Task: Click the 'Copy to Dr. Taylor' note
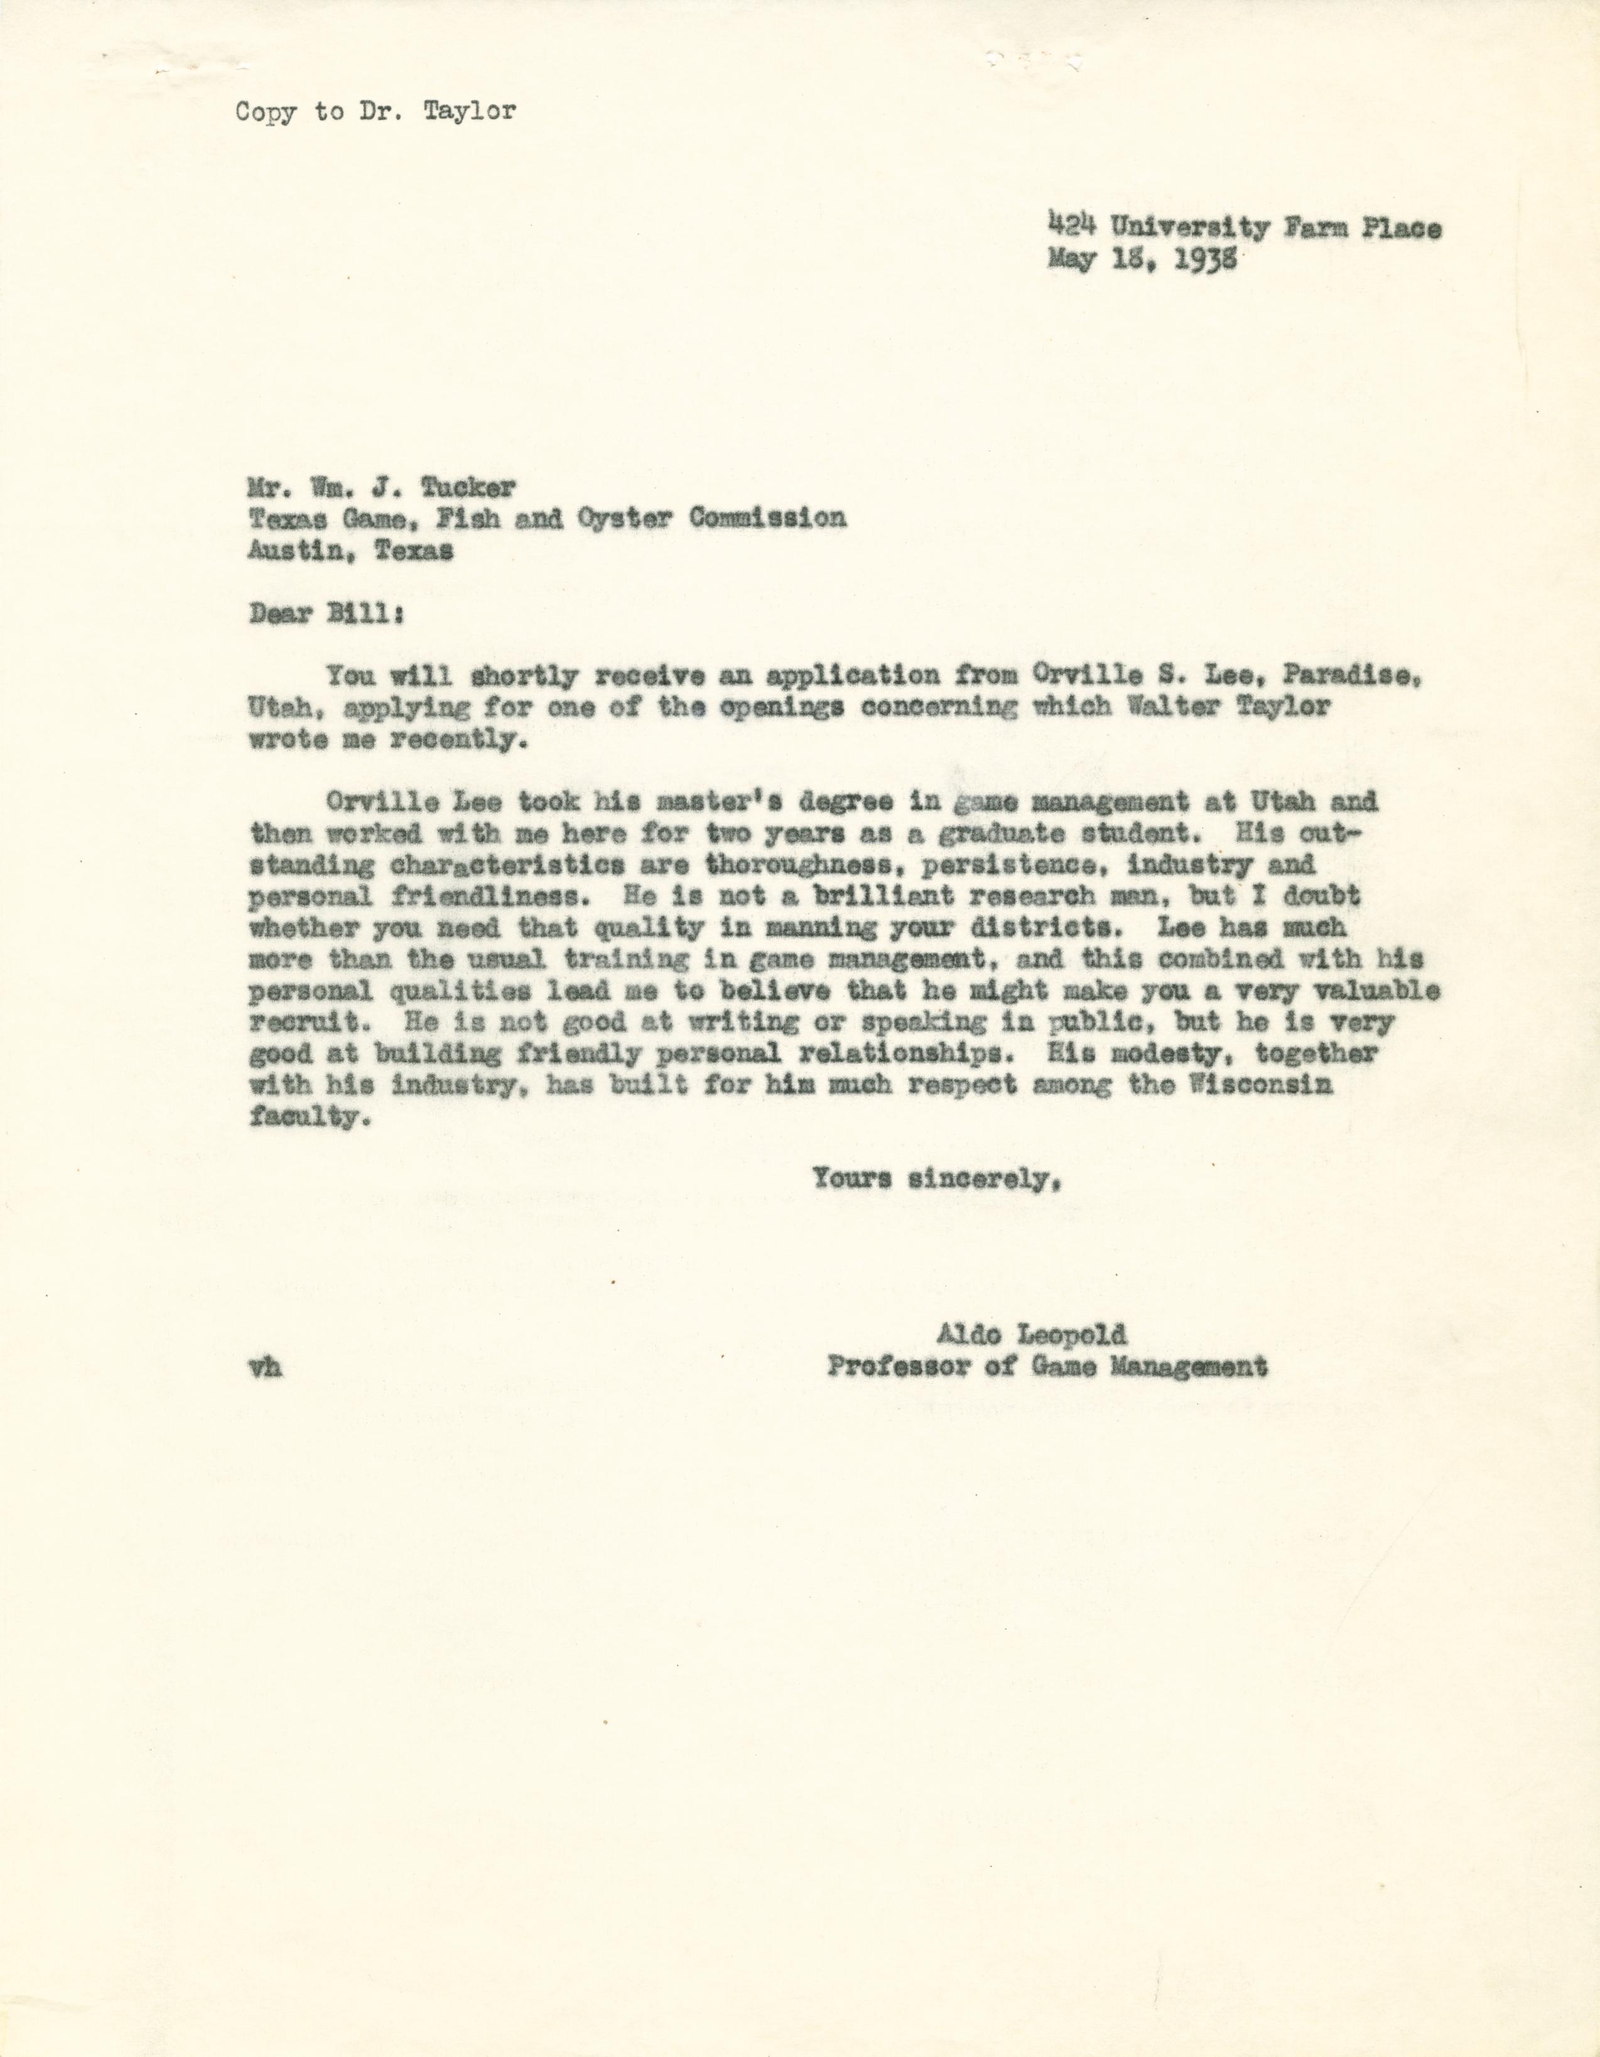click(x=376, y=112)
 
